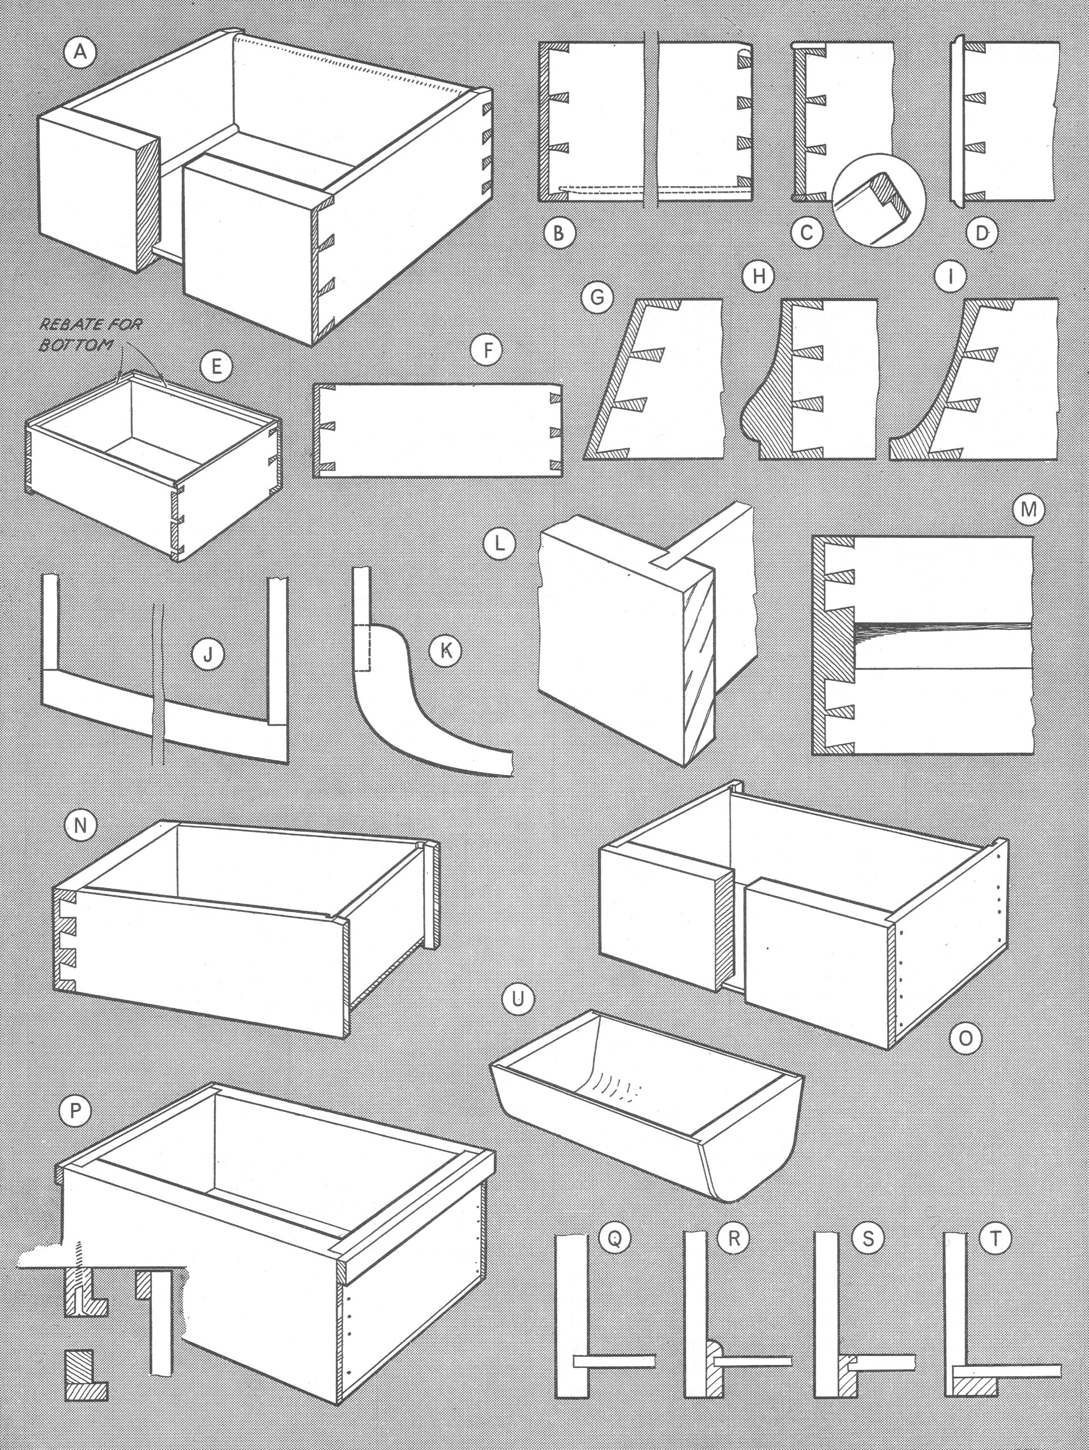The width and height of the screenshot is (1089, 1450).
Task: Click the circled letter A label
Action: point(80,51)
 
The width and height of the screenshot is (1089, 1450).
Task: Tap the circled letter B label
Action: point(559,232)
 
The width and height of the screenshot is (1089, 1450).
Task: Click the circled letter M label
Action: point(1028,509)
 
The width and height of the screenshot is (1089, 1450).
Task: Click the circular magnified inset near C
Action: point(878,200)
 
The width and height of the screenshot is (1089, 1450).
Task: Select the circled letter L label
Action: point(499,545)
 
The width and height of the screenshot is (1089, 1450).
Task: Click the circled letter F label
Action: point(487,351)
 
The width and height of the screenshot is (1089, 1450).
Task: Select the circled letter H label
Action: point(759,276)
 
